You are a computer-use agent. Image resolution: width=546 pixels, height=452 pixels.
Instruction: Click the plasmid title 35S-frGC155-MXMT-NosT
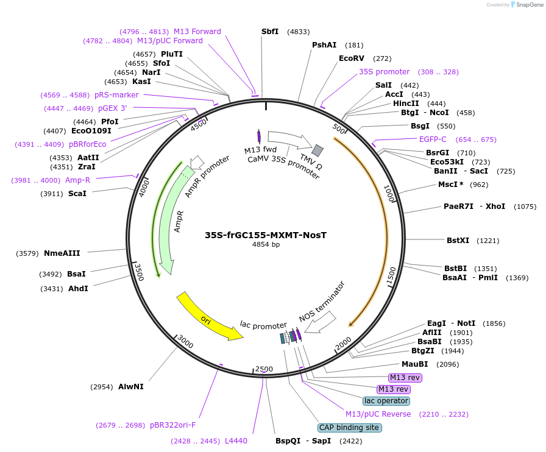(x=266, y=235)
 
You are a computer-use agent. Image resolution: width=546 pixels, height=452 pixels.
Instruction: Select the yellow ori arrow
(x=208, y=317)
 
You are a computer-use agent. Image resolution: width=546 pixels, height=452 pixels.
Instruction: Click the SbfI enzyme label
(x=270, y=32)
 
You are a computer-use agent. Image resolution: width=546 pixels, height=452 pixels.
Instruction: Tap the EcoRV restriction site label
(x=352, y=58)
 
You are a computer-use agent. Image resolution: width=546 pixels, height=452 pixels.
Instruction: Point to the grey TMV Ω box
(x=317, y=150)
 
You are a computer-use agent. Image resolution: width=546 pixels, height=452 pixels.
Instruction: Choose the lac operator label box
(x=386, y=401)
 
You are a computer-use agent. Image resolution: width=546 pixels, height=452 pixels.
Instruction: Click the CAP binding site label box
(x=350, y=428)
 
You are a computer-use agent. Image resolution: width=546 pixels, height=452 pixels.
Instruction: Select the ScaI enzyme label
(x=77, y=194)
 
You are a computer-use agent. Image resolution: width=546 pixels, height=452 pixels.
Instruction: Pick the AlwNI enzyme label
(x=131, y=386)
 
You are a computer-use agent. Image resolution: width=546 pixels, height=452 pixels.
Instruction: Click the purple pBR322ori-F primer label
(x=173, y=425)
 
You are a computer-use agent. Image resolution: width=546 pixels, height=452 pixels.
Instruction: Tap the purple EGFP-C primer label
(x=433, y=139)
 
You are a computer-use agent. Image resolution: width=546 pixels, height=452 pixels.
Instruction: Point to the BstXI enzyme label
(x=458, y=241)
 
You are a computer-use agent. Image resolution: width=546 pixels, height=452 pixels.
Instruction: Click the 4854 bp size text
(x=266, y=244)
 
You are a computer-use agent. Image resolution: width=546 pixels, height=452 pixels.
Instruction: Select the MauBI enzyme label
(x=414, y=364)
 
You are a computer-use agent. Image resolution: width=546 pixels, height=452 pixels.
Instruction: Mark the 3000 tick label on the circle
(x=185, y=345)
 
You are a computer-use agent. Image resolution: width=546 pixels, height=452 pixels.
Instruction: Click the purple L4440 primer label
(x=236, y=440)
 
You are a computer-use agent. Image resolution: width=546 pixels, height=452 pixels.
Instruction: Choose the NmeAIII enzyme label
(x=62, y=253)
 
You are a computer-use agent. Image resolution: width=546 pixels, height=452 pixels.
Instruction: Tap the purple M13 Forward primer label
(x=197, y=32)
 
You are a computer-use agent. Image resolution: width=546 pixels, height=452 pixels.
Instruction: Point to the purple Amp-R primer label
(x=77, y=180)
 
